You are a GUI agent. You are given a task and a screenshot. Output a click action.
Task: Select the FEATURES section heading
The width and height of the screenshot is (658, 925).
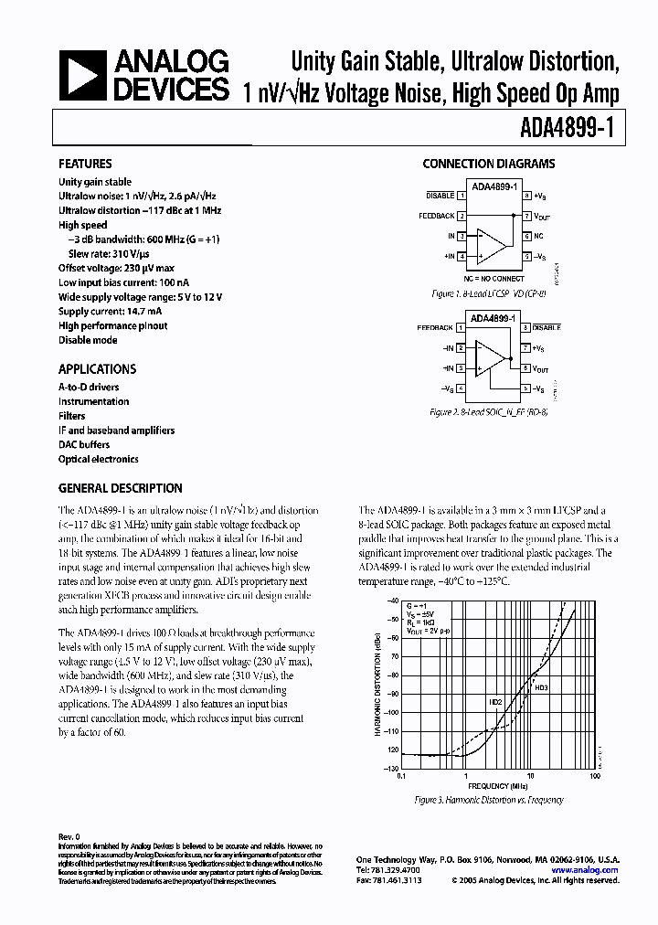tap(85, 165)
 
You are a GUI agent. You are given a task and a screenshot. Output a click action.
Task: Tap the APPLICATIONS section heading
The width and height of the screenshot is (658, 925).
tap(97, 369)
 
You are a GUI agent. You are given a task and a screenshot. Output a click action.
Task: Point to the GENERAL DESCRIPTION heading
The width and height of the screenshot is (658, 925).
tap(120, 488)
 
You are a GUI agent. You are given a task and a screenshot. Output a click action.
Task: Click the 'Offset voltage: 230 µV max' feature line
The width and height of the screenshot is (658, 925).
tap(116, 268)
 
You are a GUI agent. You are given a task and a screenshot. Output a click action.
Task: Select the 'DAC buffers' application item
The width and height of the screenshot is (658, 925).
tap(84, 444)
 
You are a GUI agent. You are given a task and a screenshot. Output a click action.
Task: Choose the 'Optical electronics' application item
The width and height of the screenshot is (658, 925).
tap(99, 459)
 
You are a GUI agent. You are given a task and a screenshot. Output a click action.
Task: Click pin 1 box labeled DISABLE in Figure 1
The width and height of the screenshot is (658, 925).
tap(462, 197)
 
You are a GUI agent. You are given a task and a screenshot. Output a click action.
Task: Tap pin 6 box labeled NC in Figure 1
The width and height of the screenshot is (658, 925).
tap(526, 236)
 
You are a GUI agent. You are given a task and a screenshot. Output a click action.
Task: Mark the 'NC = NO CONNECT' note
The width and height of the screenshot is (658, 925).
tap(493, 278)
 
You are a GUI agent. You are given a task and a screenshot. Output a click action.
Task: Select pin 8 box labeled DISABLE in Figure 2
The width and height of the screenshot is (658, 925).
tap(526, 326)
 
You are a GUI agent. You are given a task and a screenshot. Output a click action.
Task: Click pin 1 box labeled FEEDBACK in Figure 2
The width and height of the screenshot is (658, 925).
tap(462, 326)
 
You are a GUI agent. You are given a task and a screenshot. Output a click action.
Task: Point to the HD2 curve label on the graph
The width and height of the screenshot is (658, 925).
tap(495, 702)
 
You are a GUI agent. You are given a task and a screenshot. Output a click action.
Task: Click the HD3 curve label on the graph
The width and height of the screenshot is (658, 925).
tap(542, 687)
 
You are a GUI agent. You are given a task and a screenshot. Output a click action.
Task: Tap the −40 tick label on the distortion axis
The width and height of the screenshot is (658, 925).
tap(393, 601)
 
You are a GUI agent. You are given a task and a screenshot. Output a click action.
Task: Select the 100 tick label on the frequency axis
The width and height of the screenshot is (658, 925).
tap(595, 775)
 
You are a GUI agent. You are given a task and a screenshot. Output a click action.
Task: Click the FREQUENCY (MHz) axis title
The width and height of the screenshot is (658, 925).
tap(497, 785)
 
